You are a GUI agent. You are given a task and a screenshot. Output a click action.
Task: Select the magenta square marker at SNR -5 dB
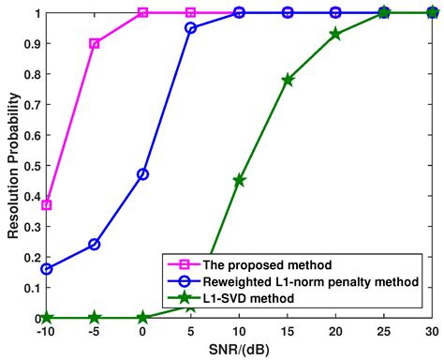(95, 44)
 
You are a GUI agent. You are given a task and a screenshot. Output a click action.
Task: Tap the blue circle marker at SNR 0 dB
(142, 174)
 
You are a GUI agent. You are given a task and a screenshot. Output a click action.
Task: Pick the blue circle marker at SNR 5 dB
(191, 28)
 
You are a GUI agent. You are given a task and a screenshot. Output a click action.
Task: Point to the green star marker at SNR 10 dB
(239, 180)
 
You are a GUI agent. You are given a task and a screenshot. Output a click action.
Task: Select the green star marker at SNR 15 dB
(288, 80)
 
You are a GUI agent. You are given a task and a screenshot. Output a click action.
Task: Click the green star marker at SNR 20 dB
(335, 34)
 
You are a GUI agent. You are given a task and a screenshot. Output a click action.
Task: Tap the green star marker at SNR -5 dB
(95, 318)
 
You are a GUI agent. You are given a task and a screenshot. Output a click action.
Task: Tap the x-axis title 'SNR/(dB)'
(239, 351)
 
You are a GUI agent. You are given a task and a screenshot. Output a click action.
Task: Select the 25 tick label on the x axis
(383, 333)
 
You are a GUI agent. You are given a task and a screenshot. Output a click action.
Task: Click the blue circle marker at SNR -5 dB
(95, 245)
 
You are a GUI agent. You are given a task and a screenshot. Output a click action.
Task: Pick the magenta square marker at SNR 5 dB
(191, 13)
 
